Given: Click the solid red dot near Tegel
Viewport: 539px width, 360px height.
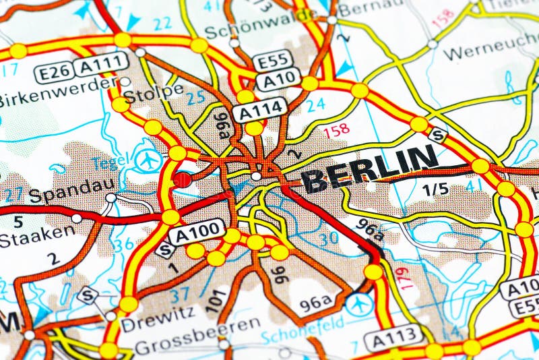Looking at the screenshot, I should tap(182, 179).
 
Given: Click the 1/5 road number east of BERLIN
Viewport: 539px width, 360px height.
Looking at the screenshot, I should tap(435, 189).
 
